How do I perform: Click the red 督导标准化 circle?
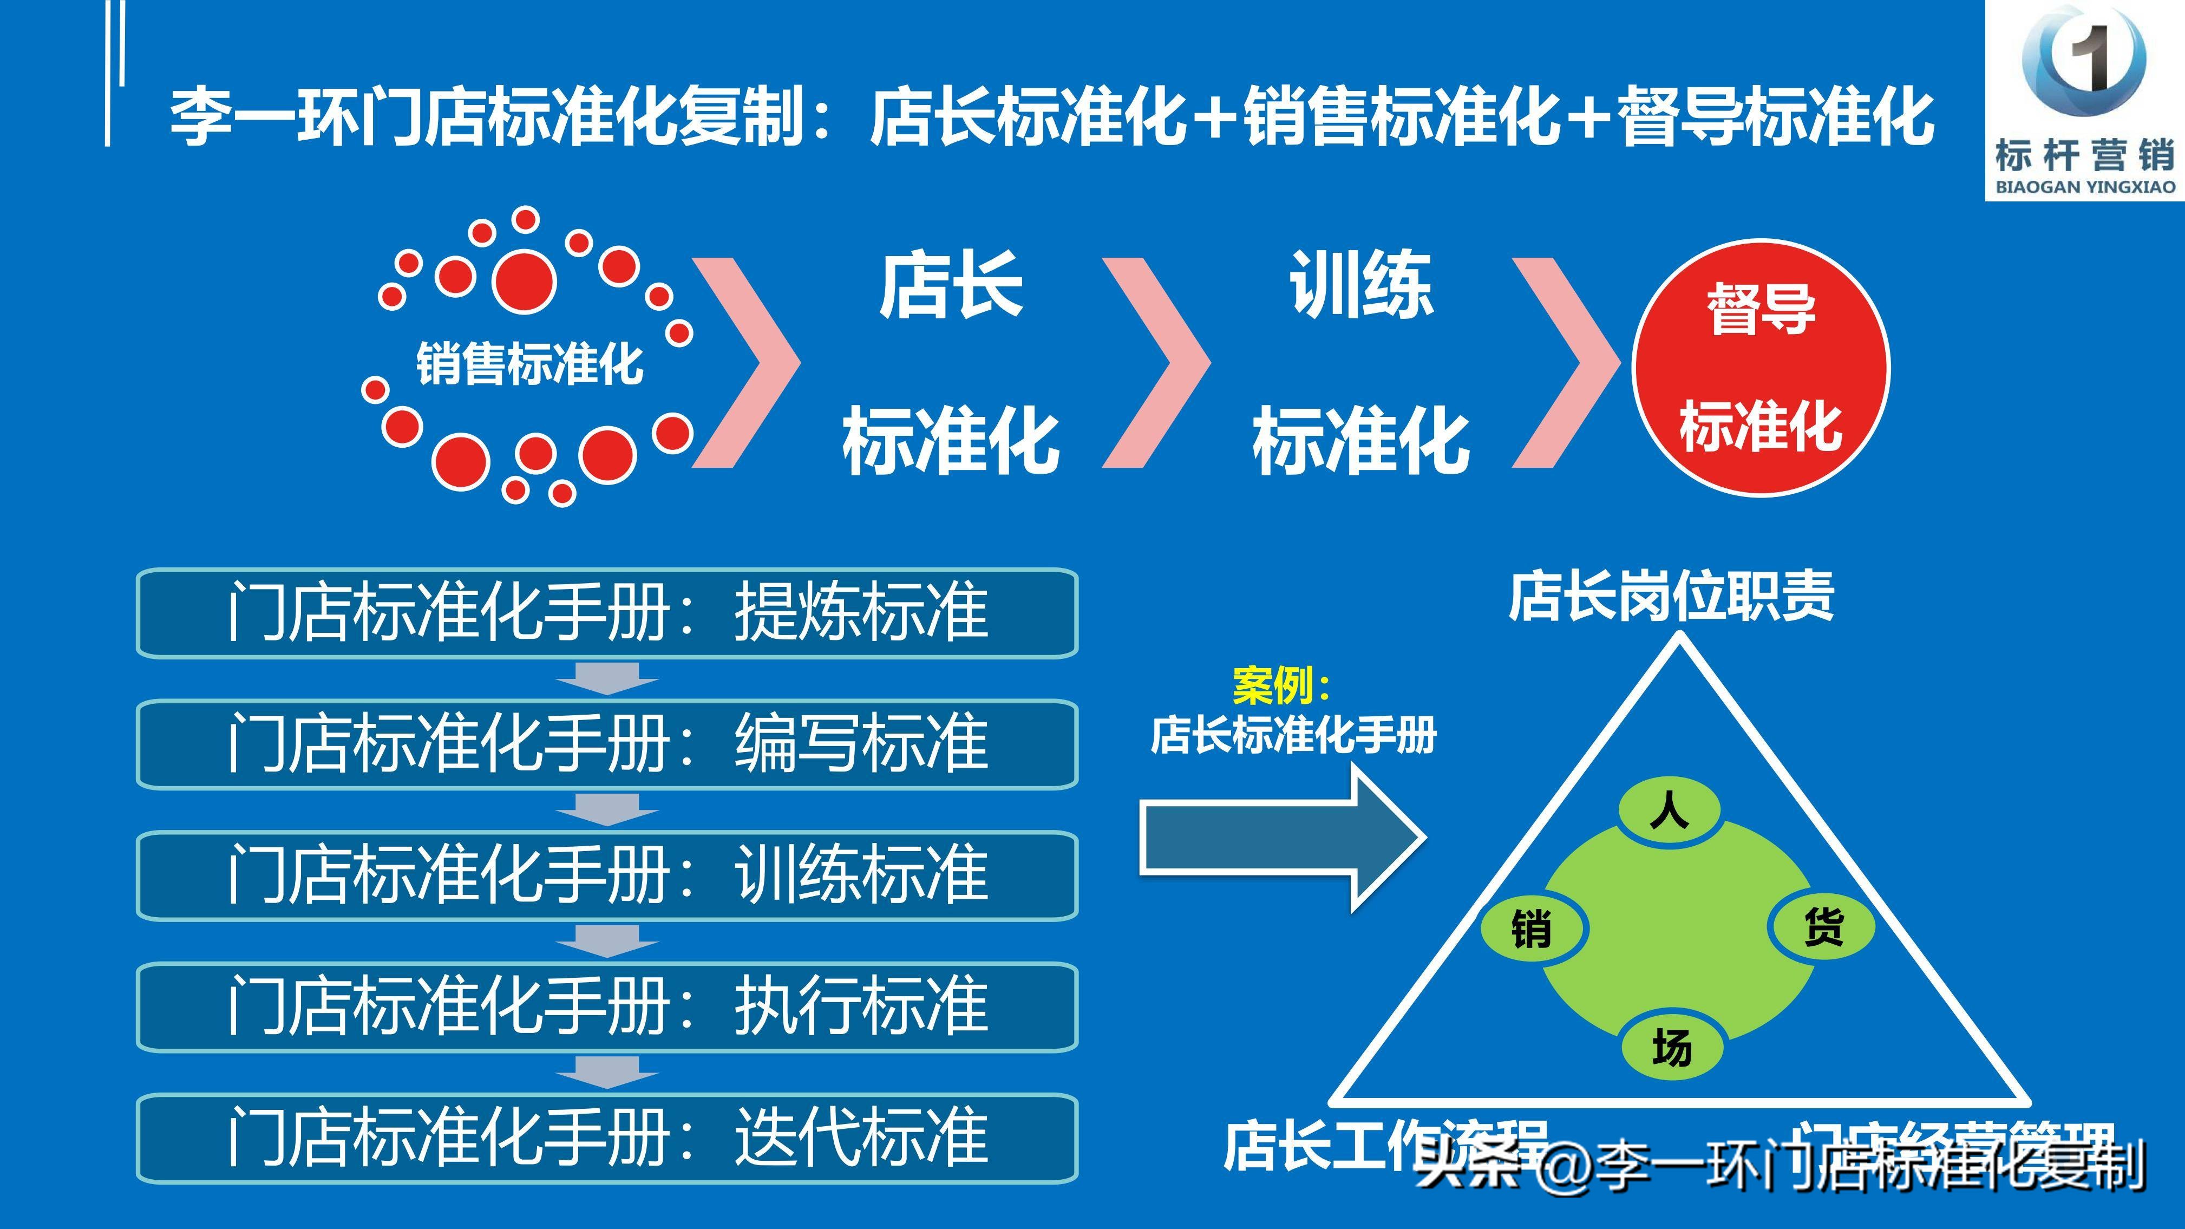[x=1761, y=367]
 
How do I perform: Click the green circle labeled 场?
[x=1672, y=1048]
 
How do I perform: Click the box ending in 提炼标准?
[x=606, y=612]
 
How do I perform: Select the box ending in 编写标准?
[x=606, y=744]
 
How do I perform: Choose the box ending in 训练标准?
[x=606, y=875]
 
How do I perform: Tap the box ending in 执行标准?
[x=606, y=1007]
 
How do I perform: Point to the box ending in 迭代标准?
[x=606, y=1138]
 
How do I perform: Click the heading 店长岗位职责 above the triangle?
[x=1671, y=596]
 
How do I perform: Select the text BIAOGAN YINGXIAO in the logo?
[x=2085, y=187]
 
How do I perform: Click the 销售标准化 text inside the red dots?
[x=529, y=365]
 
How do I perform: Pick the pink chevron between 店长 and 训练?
[x=1155, y=363]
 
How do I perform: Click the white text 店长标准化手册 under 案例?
[x=1293, y=735]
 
